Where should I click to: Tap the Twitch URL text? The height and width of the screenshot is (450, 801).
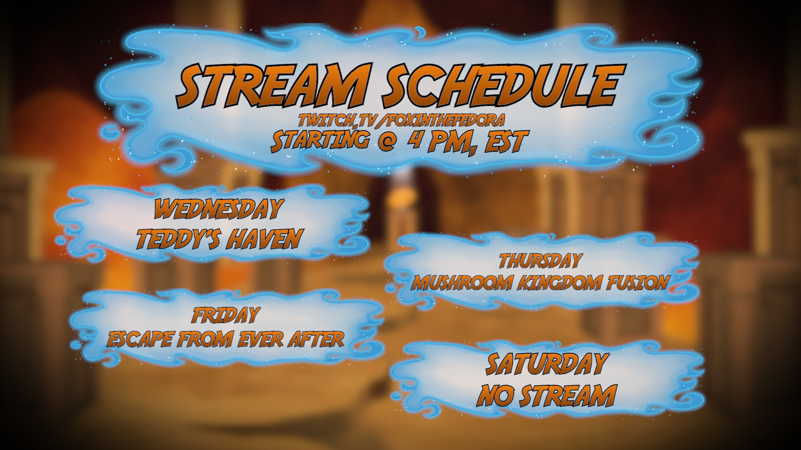(401, 120)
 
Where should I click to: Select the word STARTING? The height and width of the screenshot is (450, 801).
(320, 140)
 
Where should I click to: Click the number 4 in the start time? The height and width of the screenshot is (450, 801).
(414, 141)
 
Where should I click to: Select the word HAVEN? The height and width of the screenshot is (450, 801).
(266, 239)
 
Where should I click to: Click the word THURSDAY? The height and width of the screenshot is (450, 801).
(540, 261)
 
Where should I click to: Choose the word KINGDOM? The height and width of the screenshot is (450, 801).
(559, 283)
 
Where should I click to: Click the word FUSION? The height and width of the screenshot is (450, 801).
(637, 283)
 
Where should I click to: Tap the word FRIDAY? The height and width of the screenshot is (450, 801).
(226, 315)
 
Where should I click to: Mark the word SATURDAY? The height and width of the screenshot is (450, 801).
(546, 363)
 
